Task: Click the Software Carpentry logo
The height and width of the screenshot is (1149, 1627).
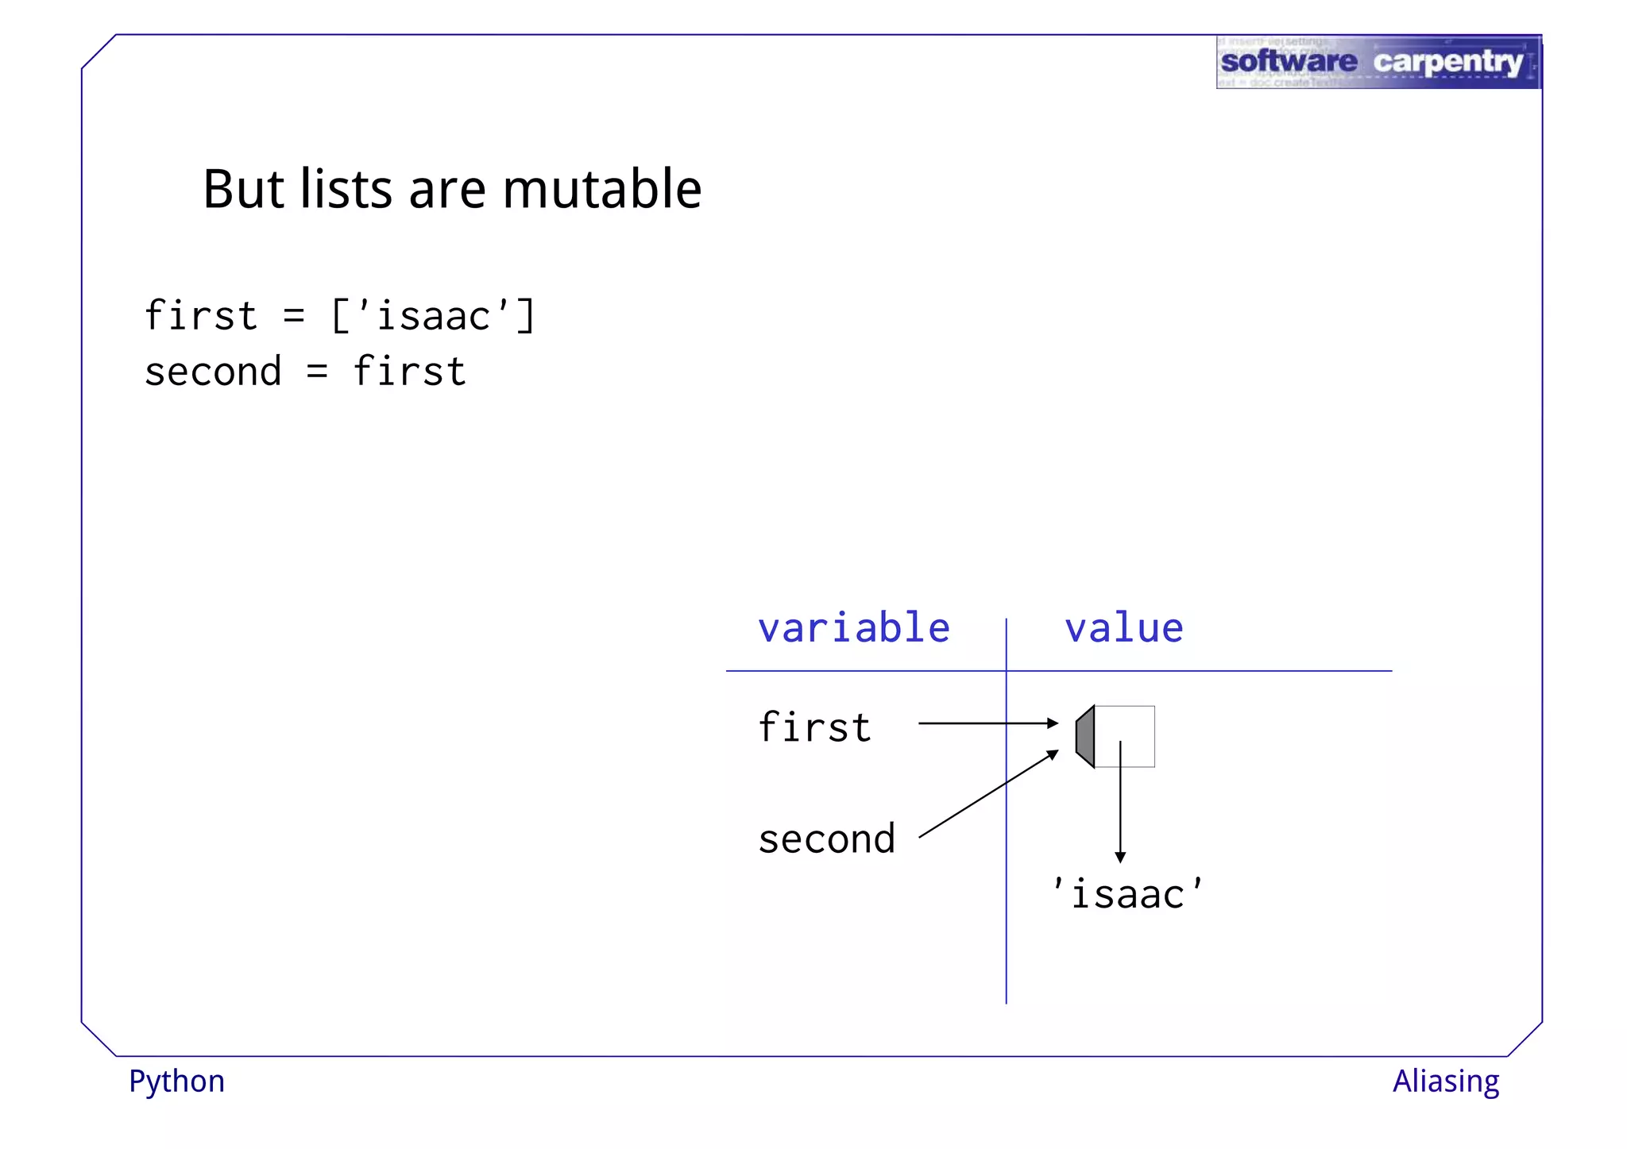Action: (1378, 62)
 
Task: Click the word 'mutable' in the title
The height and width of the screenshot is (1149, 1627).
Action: (601, 190)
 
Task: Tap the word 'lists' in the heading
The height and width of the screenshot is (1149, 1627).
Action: (346, 190)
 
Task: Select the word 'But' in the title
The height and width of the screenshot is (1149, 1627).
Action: (243, 190)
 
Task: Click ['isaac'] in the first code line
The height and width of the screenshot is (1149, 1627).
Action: (433, 316)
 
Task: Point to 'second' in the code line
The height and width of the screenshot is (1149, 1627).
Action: (213, 372)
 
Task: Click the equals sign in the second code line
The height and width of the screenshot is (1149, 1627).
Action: (317, 372)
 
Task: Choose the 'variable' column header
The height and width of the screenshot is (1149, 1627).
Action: (854, 628)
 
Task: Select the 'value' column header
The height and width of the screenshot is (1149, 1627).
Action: (1123, 628)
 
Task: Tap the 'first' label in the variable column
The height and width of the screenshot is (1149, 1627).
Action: (815, 727)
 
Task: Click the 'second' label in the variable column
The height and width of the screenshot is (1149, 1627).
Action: (827, 839)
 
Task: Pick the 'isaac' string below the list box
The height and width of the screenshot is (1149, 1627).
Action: (1127, 894)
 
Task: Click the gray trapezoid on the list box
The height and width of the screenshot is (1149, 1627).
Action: (1085, 736)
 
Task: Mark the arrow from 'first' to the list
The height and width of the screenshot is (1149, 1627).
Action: (987, 723)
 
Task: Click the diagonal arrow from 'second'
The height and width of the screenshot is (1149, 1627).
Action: (987, 794)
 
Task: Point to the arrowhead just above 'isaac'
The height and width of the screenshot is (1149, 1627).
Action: (1120, 857)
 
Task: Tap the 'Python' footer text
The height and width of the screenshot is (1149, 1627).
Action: (176, 1082)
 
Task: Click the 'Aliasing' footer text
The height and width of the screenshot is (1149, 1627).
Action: (1445, 1082)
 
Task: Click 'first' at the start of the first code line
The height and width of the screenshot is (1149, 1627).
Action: (201, 316)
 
